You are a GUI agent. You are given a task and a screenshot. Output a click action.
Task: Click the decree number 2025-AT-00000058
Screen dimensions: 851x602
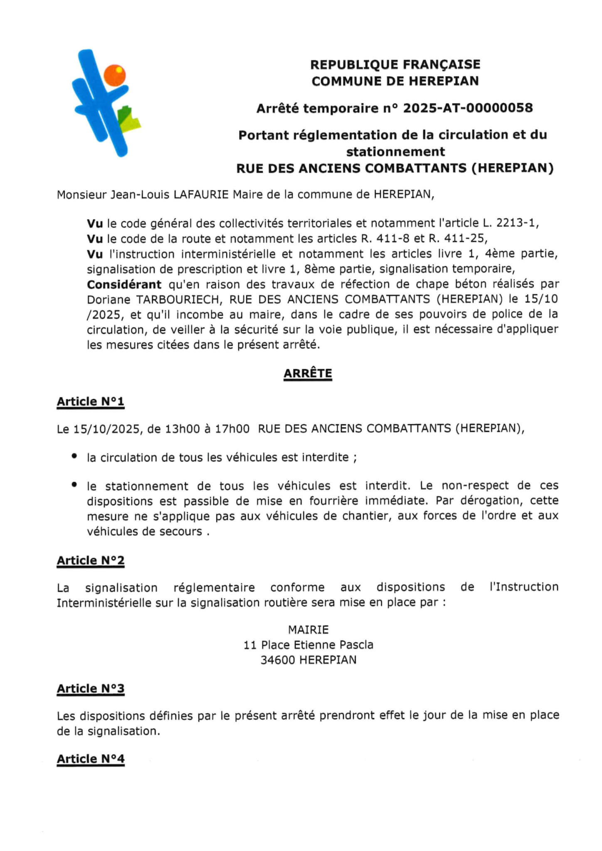(x=468, y=108)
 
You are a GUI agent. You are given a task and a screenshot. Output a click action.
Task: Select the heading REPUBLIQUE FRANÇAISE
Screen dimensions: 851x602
(x=395, y=64)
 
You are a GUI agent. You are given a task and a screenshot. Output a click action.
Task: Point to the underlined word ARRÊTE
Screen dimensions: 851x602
(x=308, y=373)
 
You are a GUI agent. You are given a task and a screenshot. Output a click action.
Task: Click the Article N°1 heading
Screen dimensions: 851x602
(x=91, y=401)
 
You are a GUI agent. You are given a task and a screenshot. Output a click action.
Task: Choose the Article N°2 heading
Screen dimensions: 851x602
(x=91, y=561)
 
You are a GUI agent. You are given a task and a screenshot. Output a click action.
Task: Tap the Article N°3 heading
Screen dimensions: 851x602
(x=91, y=689)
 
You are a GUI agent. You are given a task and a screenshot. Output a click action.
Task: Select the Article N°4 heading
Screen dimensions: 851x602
(x=91, y=759)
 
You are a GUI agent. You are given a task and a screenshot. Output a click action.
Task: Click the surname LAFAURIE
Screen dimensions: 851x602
(x=201, y=194)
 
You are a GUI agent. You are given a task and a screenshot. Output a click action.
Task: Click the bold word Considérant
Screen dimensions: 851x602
(x=124, y=284)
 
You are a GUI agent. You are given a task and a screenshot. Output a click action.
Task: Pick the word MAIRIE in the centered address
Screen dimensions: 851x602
(x=308, y=630)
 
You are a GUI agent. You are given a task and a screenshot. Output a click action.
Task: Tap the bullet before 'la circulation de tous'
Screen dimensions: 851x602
(x=74, y=456)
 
